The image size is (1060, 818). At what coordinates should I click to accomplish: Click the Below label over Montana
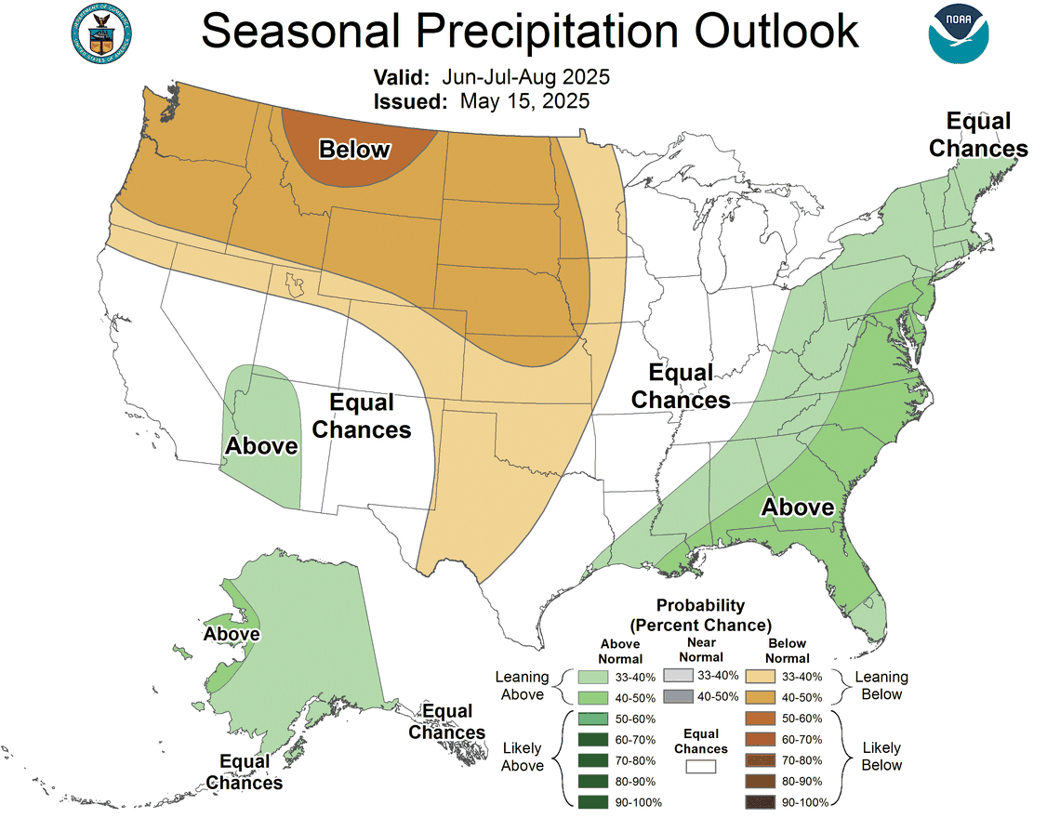coord(354,150)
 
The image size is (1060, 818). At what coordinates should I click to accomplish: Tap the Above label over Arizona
coord(261,446)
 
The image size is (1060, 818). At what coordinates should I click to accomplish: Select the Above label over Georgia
coord(798,507)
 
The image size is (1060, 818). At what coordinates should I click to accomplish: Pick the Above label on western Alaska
coord(232,634)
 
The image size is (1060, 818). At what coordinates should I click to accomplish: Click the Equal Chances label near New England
coord(978,135)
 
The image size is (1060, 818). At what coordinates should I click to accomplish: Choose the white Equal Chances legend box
coord(701,767)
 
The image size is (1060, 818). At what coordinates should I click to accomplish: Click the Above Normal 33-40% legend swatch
coord(591,678)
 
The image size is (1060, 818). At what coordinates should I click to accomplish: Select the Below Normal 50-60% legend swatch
coord(761,719)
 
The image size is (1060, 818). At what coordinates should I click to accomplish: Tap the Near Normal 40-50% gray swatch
coord(679,697)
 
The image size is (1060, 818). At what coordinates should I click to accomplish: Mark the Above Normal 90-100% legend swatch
coord(591,801)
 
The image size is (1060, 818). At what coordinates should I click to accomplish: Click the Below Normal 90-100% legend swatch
coord(761,801)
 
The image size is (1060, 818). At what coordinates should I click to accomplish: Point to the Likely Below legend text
coord(881,756)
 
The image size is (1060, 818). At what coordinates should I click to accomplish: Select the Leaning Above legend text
coord(522,686)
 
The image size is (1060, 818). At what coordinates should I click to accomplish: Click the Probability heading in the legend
coord(700,606)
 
